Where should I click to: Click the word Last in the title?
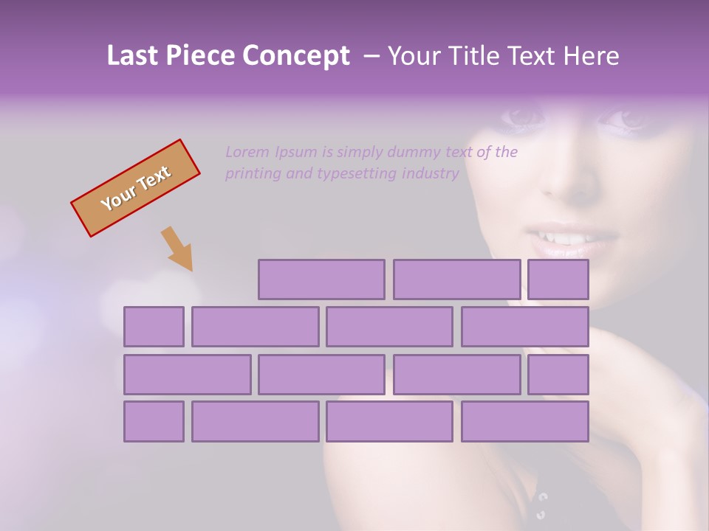(131, 56)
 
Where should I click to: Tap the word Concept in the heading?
(297, 56)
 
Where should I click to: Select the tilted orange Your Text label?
(135, 188)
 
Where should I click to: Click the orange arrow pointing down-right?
(178, 249)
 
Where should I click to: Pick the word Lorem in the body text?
(247, 152)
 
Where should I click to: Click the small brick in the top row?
(558, 280)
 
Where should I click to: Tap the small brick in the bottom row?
(154, 421)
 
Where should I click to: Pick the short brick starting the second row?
(154, 327)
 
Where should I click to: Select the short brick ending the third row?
(558, 374)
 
